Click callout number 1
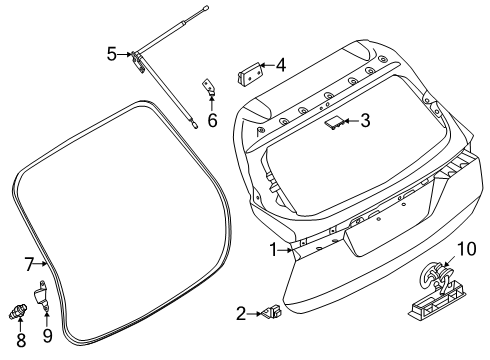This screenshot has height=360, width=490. click(271, 249)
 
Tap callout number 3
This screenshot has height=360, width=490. click(365, 122)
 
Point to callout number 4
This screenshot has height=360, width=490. click(281, 67)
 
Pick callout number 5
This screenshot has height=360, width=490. click(112, 54)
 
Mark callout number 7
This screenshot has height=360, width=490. click(29, 264)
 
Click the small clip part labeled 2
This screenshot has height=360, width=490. click(271, 316)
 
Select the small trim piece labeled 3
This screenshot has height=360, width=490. click(332, 121)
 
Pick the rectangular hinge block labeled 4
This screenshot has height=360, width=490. click(247, 73)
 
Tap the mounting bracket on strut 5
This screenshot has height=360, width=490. click(138, 63)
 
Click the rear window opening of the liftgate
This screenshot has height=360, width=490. click(350, 150)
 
